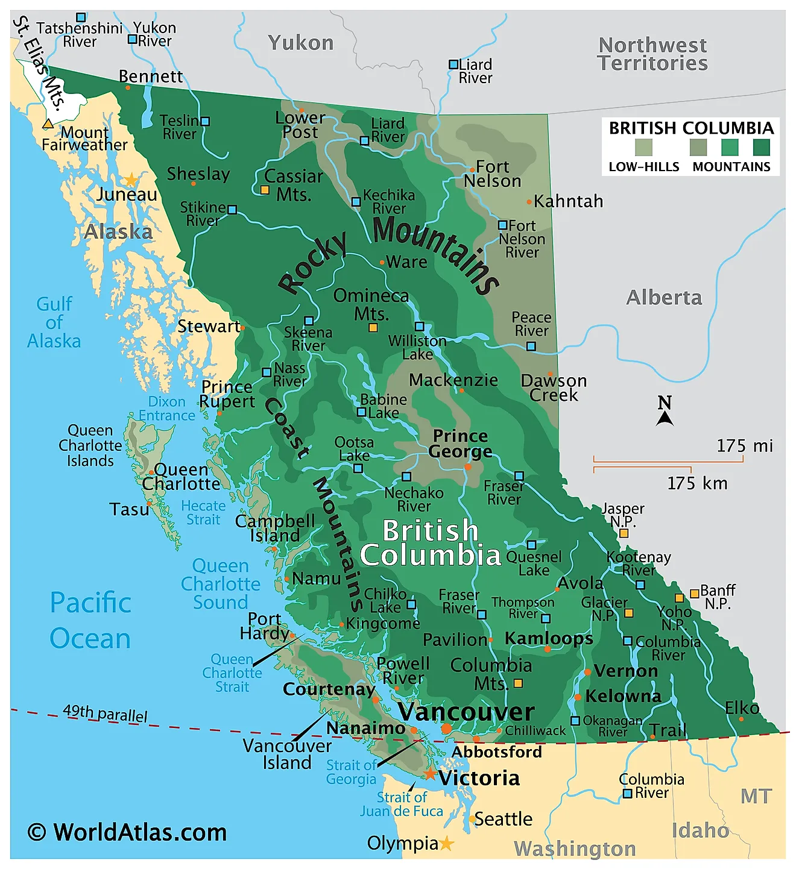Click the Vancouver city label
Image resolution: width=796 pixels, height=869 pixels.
pyautogui.click(x=466, y=712)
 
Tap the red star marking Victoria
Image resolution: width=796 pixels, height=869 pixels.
pyautogui.click(x=429, y=774)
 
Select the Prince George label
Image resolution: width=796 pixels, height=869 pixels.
pyautogui.click(x=461, y=444)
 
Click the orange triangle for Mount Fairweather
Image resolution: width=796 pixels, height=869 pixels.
pyautogui.click(x=48, y=124)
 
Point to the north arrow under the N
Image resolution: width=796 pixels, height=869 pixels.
pyautogui.click(x=665, y=418)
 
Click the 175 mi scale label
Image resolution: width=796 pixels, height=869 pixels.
pyautogui.click(x=744, y=446)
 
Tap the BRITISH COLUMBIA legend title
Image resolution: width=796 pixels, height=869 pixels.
pyautogui.click(x=691, y=128)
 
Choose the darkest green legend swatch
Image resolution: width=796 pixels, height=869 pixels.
pyautogui.click(x=761, y=148)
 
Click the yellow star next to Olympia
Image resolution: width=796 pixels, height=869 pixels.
pyautogui.click(x=446, y=843)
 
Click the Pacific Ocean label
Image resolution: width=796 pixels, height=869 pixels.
pyautogui.click(x=90, y=621)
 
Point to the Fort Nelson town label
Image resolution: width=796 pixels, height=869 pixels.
pyautogui.click(x=493, y=174)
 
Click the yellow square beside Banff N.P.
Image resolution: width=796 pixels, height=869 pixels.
pyautogui.click(x=694, y=594)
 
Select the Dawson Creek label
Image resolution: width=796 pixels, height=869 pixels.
pyautogui.click(x=554, y=387)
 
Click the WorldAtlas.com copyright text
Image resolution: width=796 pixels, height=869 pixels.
pyautogui.click(x=127, y=832)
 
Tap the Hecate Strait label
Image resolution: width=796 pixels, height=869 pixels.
pyautogui.click(x=203, y=513)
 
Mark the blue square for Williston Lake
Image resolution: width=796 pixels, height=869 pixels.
pyautogui.click(x=419, y=327)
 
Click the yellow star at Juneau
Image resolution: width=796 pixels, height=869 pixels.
pyautogui.click(x=131, y=180)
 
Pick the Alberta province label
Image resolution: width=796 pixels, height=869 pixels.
pyautogui.click(x=664, y=298)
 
